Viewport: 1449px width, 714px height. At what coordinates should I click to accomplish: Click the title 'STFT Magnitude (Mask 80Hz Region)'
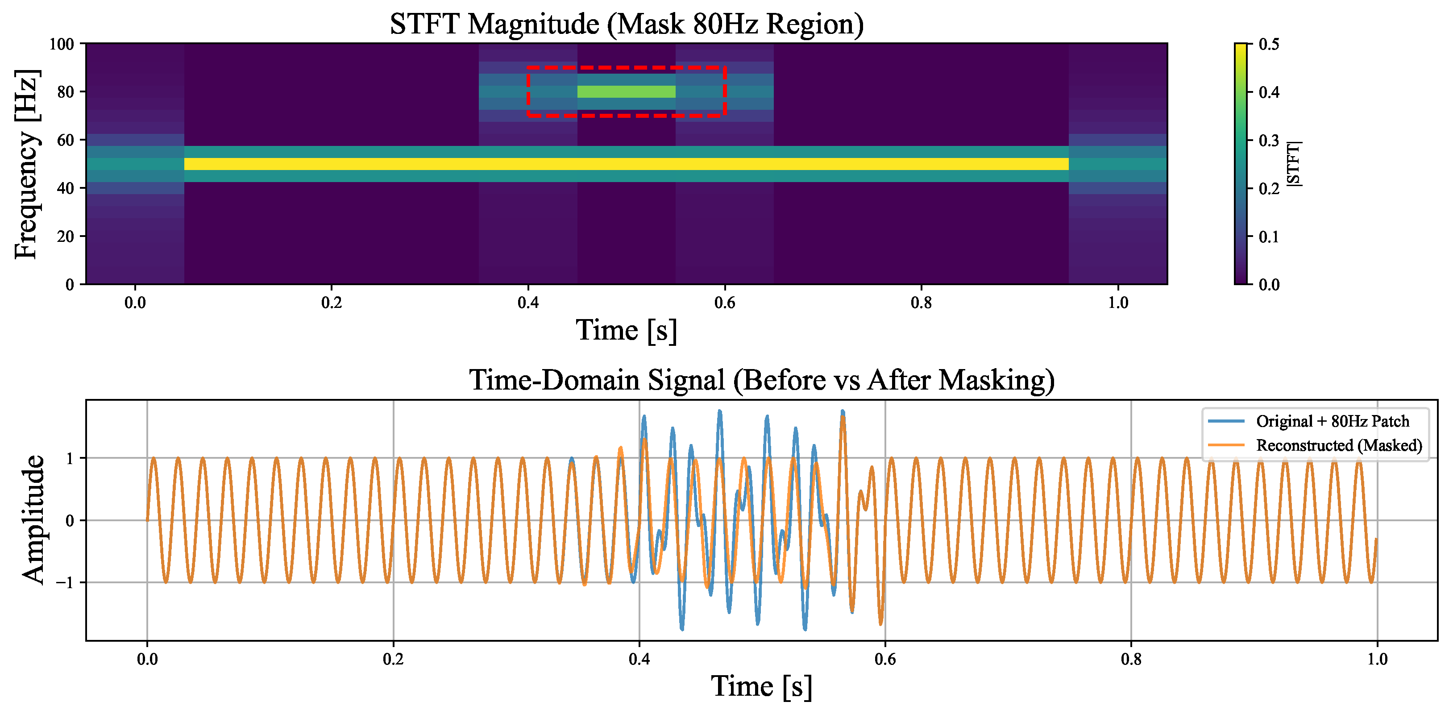[x=626, y=24]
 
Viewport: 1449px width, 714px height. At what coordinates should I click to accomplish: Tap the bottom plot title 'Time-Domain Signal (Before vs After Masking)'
[x=762, y=380]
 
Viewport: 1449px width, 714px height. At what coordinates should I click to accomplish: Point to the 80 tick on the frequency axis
[x=65, y=92]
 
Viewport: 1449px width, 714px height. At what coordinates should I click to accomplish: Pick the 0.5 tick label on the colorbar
[x=1269, y=44]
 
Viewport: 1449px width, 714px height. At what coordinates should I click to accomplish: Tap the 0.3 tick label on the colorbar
[x=1269, y=140]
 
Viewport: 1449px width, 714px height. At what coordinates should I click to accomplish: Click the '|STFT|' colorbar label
[x=1293, y=164]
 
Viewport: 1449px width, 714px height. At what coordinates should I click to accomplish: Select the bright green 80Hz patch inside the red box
[x=626, y=92]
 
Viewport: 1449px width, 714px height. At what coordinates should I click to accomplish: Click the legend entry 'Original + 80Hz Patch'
[x=1333, y=421]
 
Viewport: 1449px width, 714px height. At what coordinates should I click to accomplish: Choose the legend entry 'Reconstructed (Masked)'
[x=1339, y=446]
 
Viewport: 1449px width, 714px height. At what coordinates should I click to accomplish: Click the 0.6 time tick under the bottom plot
[x=885, y=659]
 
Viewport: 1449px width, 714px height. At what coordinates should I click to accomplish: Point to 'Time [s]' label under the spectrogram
[x=626, y=330]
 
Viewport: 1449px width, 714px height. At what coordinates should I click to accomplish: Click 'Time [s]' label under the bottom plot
[x=762, y=686]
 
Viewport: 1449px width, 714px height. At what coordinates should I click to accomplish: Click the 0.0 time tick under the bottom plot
[x=147, y=659]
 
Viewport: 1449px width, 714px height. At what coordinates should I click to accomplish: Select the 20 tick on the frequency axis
[x=65, y=237]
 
